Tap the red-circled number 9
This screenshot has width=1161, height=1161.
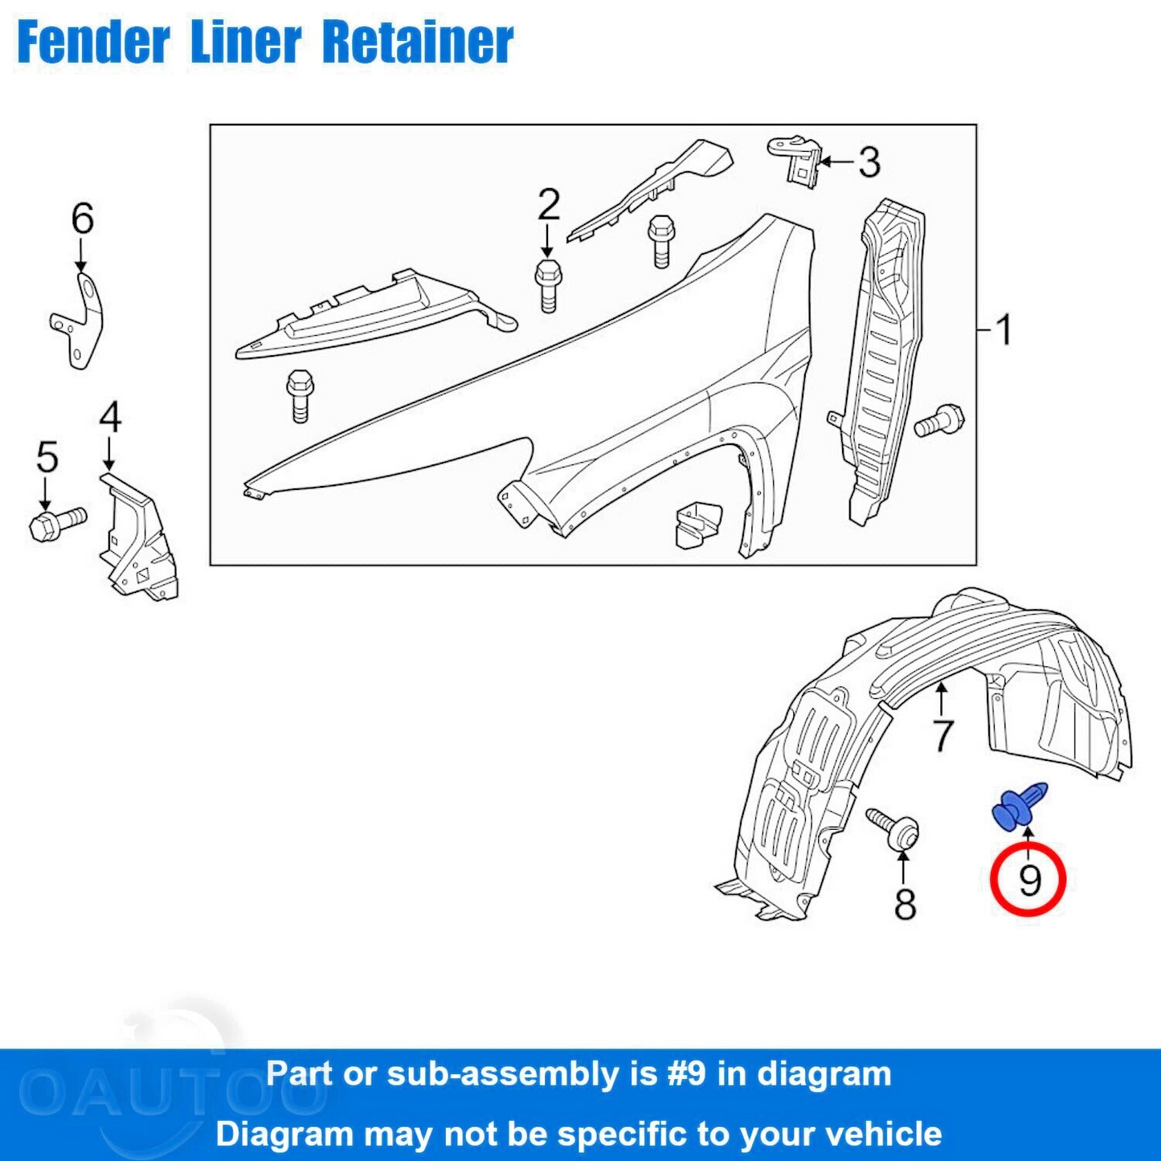(x=1028, y=880)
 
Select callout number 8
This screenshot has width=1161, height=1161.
(x=905, y=904)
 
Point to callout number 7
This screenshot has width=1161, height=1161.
(x=942, y=734)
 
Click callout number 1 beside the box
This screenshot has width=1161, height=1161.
(x=1003, y=329)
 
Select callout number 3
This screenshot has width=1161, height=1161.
(x=869, y=162)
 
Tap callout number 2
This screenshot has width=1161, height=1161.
(x=548, y=205)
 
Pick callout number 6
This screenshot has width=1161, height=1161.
(x=82, y=219)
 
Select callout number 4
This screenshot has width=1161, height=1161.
(x=110, y=418)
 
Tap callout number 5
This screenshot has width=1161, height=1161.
(x=47, y=457)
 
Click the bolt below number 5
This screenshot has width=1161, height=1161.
(x=56, y=523)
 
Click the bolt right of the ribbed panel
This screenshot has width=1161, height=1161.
(x=939, y=421)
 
